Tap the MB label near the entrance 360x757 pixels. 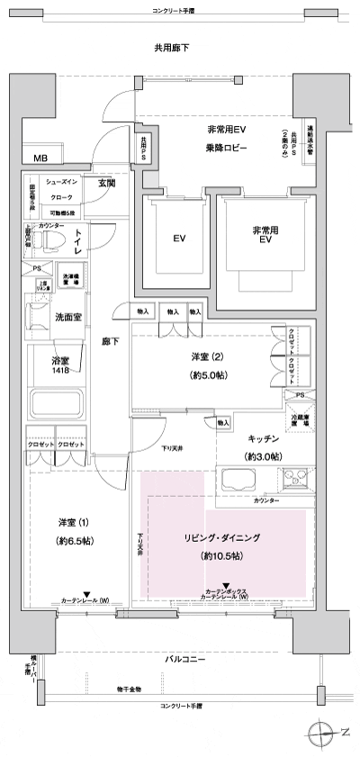tap(41, 158)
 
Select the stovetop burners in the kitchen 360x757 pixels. tap(294, 480)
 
